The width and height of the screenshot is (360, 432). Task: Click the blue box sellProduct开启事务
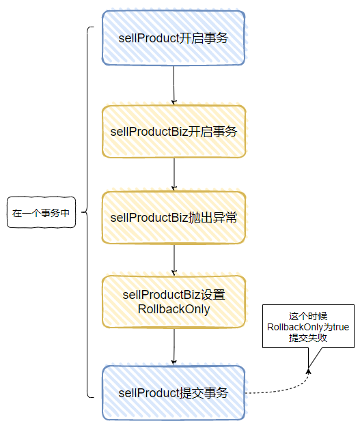pos(173,38)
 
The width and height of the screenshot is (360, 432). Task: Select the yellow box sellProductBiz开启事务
pos(173,132)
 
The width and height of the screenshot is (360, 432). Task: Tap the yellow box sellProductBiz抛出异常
pos(173,218)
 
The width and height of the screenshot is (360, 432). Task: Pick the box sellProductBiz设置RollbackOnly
pos(173,302)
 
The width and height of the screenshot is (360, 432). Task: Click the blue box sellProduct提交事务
pos(173,392)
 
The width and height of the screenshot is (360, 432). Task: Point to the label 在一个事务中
pos(41,212)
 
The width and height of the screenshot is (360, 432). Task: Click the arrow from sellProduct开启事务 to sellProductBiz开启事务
pos(175,84)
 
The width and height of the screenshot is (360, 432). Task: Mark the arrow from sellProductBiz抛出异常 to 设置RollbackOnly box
pos(175,259)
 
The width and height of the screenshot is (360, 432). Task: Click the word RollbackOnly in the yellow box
pos(173,309)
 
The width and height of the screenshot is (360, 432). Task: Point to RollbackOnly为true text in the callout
pos(308,328)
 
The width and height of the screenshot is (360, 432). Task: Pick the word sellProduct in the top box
pos(148,38)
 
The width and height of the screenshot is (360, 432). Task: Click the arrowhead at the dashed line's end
pos(308,371)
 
